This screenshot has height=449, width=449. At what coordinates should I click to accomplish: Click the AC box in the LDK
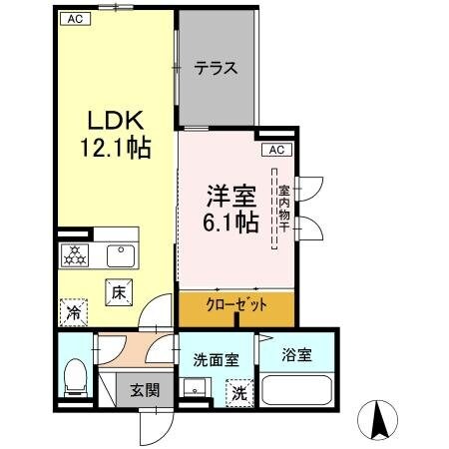click(75, 18)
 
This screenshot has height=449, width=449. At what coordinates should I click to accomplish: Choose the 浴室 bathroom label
click(296, 352)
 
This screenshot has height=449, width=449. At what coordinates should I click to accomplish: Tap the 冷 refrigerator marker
click(73, 313)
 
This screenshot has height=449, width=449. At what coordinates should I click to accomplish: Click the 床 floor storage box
click(117, 293)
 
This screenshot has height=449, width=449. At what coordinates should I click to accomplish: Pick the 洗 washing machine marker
click(239, 392)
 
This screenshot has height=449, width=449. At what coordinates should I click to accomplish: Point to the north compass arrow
click(379, 419)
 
